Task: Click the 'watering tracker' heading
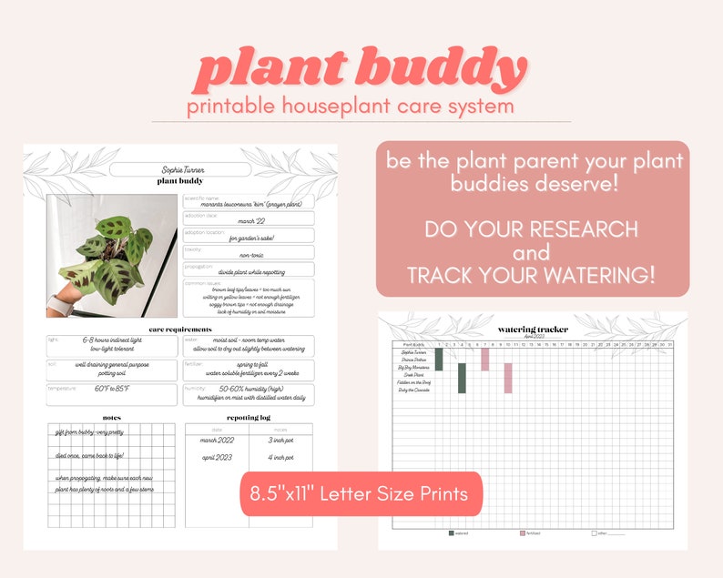(533, 329)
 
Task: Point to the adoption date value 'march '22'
(247, 219)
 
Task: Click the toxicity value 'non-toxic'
(247, 257)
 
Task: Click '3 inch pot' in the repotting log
(280, 441)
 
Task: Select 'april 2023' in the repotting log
(217, 457)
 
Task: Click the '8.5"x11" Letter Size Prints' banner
(360, 494)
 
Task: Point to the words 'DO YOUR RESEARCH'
(532, 228)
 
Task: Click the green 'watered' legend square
(452, 532)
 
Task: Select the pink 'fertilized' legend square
(523, 532)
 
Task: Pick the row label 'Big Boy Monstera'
(413, 367)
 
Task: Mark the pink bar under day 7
(485, 360)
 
